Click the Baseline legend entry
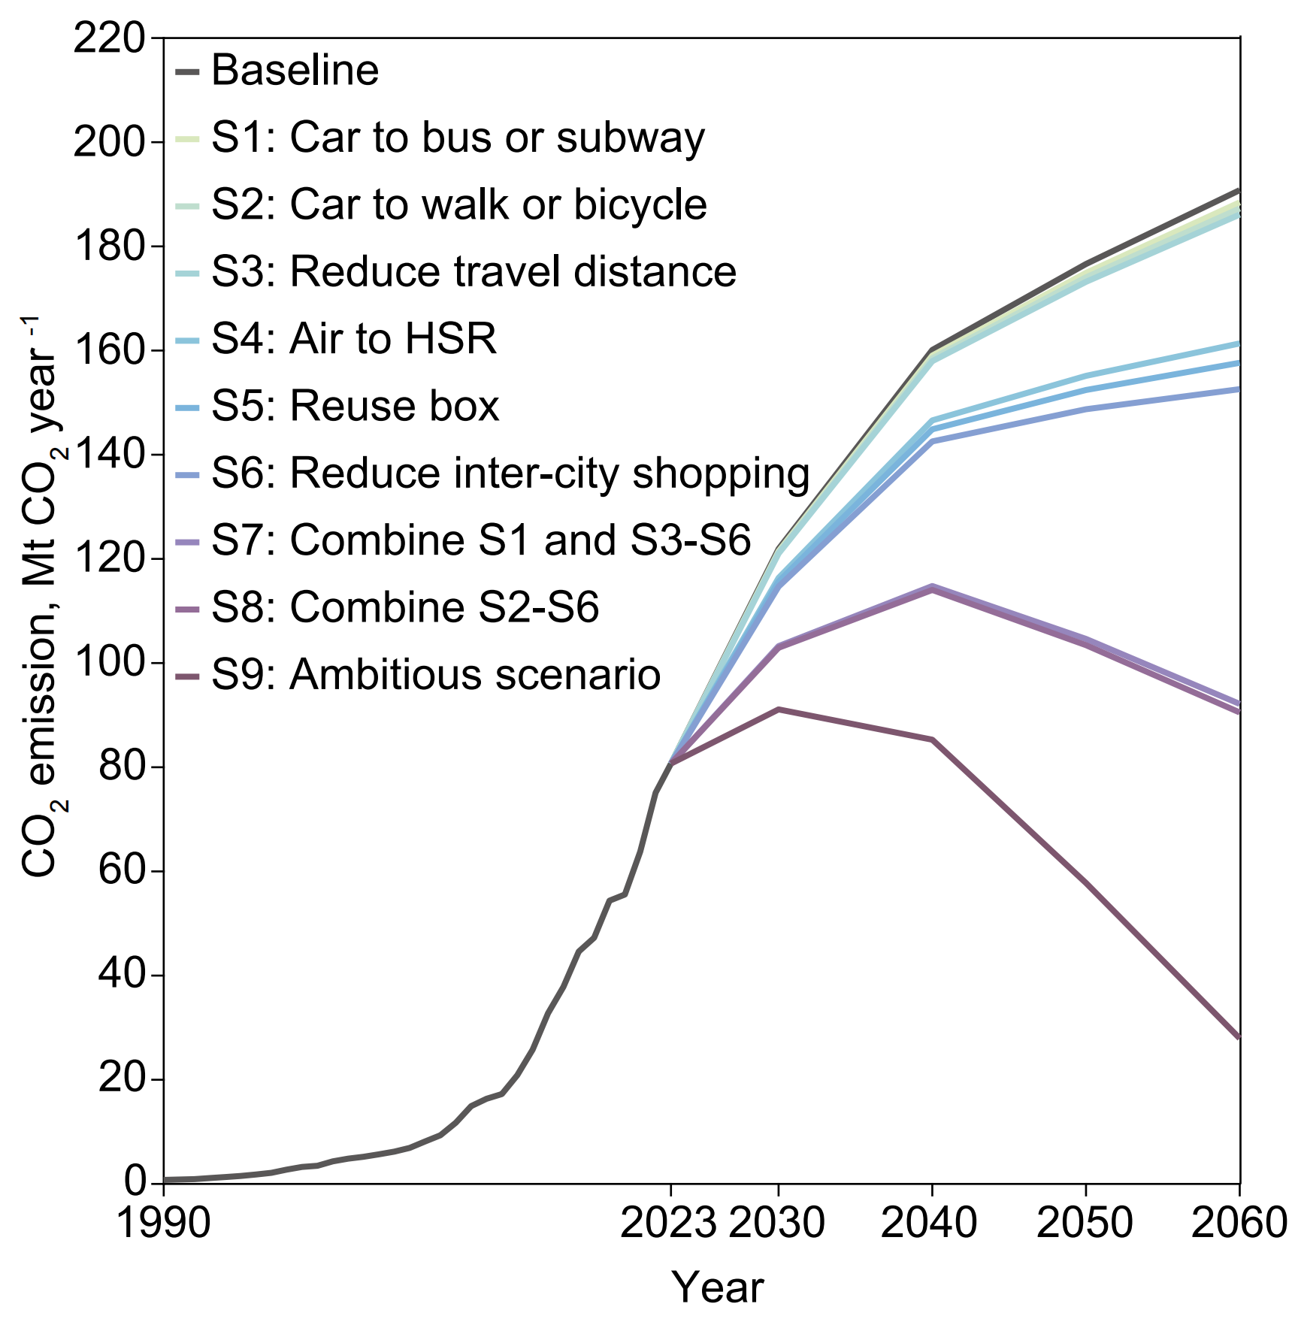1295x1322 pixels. pyautogui.click(x=295, y=71)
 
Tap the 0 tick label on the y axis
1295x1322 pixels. pyautogui.click(x=135, y=1181)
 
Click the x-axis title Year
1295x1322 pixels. pyautogui.click(x=718, y=1287)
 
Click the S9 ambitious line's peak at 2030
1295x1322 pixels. pyautogui.click(x=779, y=709)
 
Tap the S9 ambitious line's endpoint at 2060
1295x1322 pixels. pyautogui.click(x=1237, y=1037)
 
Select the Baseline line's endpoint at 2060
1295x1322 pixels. pyautogui.click(x=1237, y=190)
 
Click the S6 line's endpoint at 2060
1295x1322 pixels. pyautogui.click(x=1237, y=389)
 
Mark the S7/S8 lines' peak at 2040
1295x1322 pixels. pyautogui.click(x=932, y=588)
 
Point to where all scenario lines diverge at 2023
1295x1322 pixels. pyautogui.click(x=671, y=763)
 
